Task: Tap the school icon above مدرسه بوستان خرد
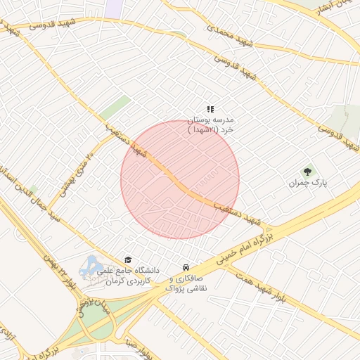[210, 109]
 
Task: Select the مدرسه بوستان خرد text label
[214, 124]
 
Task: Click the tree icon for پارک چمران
[307, 171]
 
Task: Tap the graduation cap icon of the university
[127, 259]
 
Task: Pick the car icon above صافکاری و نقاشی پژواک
[185, 268]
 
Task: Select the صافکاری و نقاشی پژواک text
[186, 283]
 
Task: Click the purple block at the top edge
[113, 8]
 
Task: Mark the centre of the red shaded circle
[180, 179]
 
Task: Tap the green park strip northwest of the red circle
[115, 109]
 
